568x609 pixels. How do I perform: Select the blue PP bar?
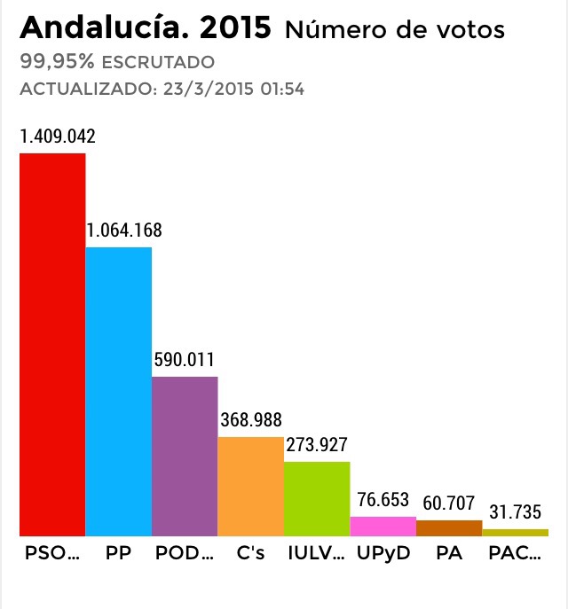click(x=118, y=391)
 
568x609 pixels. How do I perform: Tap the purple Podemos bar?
click(x=185, y=456)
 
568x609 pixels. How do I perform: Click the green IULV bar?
click(x=317, y=498)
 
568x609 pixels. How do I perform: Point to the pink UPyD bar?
click(x=383, y=526)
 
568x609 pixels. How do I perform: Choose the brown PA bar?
click(x=449, y=527)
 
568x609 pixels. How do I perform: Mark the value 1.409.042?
click(x=58, y=137)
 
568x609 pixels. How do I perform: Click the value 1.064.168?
click(x=124, y=230)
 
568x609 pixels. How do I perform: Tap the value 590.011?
click(x=185, y=360)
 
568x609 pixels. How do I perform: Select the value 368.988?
click(x=251, y=420)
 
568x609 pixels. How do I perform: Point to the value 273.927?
click(x=317, y=445)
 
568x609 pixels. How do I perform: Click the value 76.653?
click(x=383, y=499)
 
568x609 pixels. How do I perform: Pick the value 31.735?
click(x=516, y=513)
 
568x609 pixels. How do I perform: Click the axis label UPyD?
click(x=383, y=555)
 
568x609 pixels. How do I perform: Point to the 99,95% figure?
click(x=56, y=62)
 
